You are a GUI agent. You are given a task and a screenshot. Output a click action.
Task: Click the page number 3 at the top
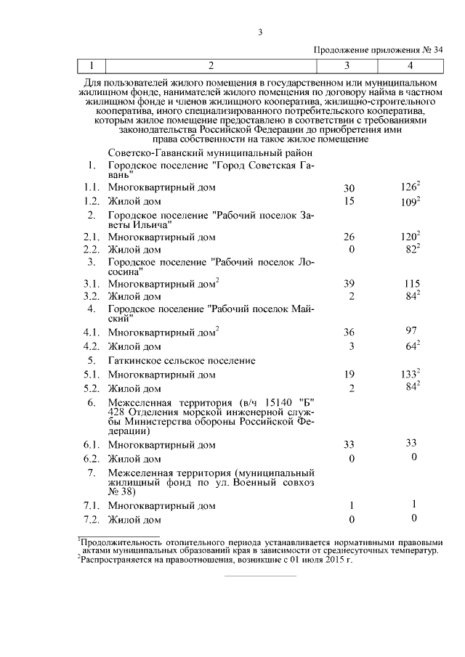pyautogui.click(x=259, y=31)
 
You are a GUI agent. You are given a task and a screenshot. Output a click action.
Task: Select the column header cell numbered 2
pyautogui.click(x=211, y=66)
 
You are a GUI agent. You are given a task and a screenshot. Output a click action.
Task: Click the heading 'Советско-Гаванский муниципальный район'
pyautogui.click(x=211, y=153)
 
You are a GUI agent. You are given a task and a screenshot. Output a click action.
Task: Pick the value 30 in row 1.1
pyautogui.click(x=348, y=188)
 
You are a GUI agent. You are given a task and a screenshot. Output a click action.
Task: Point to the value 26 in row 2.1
pyautogui.click(x=348, y=237)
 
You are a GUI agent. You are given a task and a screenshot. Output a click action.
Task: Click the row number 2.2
pyautogui.click(x=91, y=250)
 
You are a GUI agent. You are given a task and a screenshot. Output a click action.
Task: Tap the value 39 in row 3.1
pyautogui.click(x=348, y=284)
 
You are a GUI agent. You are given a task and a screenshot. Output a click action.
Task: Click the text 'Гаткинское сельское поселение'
pyautogui.click(x=182, y=360)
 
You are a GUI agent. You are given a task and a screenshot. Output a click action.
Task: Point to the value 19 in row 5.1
pyautogui.click(x=348, y=375)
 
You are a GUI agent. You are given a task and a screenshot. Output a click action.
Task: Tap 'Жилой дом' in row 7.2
pyautogui.click(x=134, y=520)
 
